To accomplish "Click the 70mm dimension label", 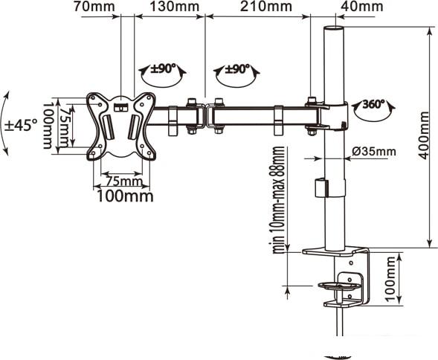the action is pos(94,7).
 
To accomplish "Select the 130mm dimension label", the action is pos(175,7).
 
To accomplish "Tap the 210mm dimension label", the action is pos(266,7).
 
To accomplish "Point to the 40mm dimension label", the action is pos(361,7).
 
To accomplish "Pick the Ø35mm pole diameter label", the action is pos(374,152).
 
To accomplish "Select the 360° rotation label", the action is pos(373,104).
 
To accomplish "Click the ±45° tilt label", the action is pos(22,125).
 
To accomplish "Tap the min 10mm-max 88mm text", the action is pos(278,199).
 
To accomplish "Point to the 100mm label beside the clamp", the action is pos(390,279).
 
